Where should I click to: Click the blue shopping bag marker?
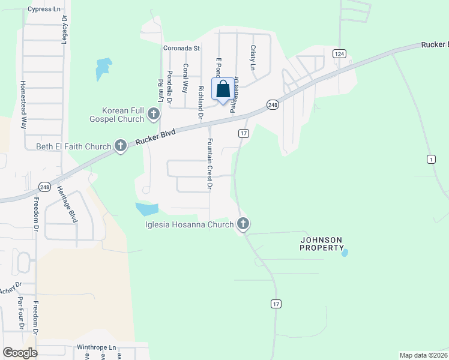223,89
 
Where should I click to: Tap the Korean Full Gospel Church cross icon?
154,114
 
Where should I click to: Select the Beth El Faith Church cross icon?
120,146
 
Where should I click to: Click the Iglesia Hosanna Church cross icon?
243,224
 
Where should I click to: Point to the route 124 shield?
340,54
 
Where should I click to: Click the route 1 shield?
431,158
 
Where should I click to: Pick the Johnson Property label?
321,244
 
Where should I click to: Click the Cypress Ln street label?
44,10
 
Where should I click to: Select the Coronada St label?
181,48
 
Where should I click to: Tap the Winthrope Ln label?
96,347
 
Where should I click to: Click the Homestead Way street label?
24,105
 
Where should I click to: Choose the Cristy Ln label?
253,57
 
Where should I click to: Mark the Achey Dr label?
11,284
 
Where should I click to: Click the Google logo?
20,352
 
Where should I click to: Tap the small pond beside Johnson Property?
345,253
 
